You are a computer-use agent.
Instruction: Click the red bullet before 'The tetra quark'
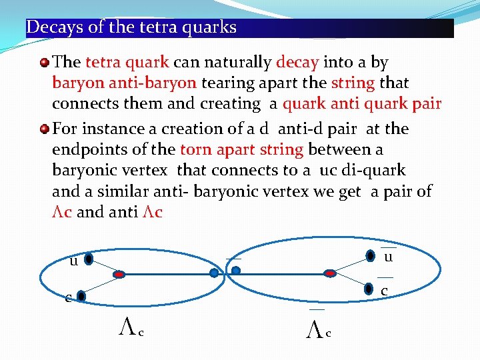coord(44,63)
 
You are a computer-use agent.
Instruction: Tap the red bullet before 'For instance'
coord(44,129)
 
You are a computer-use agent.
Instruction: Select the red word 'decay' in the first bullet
coord(297,63)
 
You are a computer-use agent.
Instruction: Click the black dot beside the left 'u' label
coord(89,259)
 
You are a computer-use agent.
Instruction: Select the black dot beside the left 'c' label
coord(81,295)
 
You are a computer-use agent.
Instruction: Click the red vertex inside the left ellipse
coord(119,273)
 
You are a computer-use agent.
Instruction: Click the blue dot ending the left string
coord(213,273)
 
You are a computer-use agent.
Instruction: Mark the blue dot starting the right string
coord(235,271)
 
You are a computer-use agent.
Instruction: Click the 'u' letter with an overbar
coord(388,257)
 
